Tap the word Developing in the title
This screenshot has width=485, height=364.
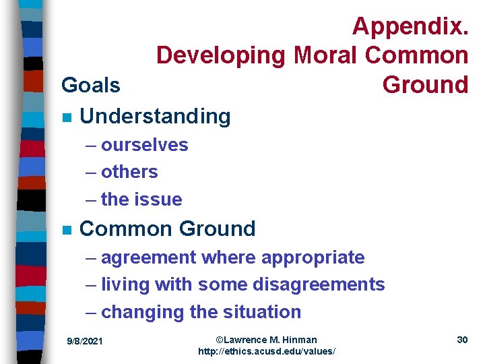pos(222,55)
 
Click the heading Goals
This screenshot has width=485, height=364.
pos(91,85)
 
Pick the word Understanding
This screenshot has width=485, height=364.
pos(155,116)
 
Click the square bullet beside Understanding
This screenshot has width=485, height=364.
pos(65,117)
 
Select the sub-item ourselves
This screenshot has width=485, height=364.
pos(145,145)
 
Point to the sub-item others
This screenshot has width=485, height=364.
pos(129,172)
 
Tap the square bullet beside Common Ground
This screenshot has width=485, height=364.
pos(65,229)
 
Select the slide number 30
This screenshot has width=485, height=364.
pos(462,340)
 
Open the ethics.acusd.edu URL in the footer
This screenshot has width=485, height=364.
pos(267,352)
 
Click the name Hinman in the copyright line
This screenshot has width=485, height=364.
pos(299,340)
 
